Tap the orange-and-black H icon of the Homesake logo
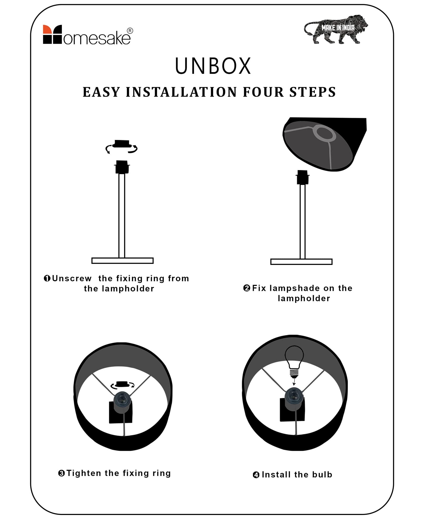52,34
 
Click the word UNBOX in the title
213,66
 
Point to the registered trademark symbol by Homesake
130,31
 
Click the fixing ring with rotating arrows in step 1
122,146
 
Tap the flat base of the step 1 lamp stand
122,261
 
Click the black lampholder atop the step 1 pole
122,167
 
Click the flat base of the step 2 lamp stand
301,262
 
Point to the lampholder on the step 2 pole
303,177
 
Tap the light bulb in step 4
294,361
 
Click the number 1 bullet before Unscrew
47,279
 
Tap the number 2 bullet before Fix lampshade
247,288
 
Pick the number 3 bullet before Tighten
62,474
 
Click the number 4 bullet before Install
256,475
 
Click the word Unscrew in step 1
72,279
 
